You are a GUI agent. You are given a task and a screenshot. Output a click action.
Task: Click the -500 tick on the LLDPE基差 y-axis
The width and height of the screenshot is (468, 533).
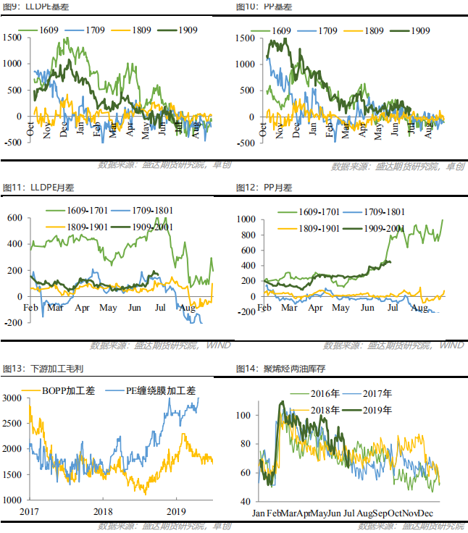click(x=14, y=143)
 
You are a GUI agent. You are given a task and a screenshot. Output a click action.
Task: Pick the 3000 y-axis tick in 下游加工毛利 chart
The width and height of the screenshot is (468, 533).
click(x=12, y=398)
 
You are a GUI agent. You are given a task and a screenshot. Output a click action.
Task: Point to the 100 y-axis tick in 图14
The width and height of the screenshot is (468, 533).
click(x=246, y=415)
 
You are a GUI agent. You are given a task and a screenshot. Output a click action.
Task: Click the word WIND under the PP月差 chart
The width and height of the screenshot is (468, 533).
click(x=451, y=346)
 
